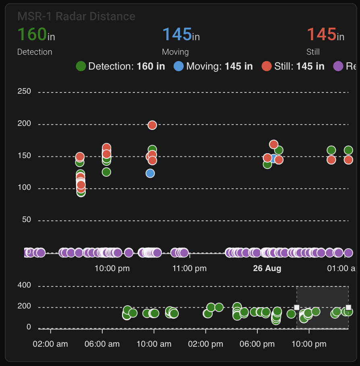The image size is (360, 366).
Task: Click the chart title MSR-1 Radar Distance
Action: tap(76, 16)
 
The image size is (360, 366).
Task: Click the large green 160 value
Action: tap(32, 34)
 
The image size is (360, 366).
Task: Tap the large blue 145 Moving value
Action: tap(177, 34)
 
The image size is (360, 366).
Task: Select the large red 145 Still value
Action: tap(321, 34)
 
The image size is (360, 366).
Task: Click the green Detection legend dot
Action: tap(81, 66)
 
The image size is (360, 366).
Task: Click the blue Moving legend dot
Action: tap(179, 66)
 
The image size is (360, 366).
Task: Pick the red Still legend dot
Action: tap(267, 66)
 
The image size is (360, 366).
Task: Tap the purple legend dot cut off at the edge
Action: tap(338, 66)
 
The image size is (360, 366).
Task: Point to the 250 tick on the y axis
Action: tap(24, 91)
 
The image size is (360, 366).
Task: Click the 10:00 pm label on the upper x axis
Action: tap(112, 268)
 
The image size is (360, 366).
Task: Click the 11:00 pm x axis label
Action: tap(189, 268)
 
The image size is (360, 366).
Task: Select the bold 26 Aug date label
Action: tap(267, 268)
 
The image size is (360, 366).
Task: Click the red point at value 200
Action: tap(152, 125)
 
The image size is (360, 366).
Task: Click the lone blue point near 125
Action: tap(150, 173)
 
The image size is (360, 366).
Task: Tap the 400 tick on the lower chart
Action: tap(24, 285)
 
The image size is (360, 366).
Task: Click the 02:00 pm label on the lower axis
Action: tap(206, 344)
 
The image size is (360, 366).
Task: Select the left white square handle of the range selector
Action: tap(297, 308)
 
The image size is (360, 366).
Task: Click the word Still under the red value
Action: tap(313, 52)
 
